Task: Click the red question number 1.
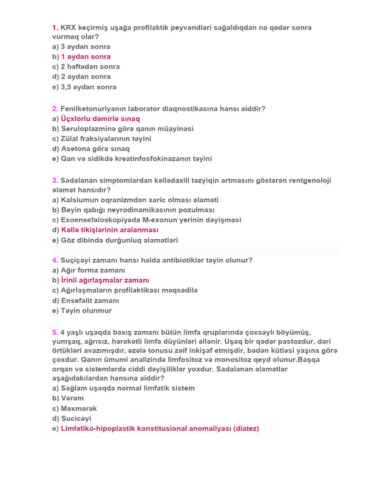point(55,27)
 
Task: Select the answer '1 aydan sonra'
point(86,57)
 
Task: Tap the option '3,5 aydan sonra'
point(88,87)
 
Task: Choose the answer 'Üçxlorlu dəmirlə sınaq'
point(101,119)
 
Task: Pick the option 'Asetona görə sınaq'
point(95,149)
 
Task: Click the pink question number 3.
point(55,180)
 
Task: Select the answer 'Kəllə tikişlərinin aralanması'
point(110,230)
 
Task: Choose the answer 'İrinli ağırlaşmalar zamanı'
point(105,280)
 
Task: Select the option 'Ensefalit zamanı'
point(90,301)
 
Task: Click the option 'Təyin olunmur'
point(86,311)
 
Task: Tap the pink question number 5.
point(55,332)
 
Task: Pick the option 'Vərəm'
point(72,398)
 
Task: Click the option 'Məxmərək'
point(79,408)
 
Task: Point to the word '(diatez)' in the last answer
point(246,428)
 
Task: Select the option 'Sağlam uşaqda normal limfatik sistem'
point(128,388)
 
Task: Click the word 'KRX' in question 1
point(70,27)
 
